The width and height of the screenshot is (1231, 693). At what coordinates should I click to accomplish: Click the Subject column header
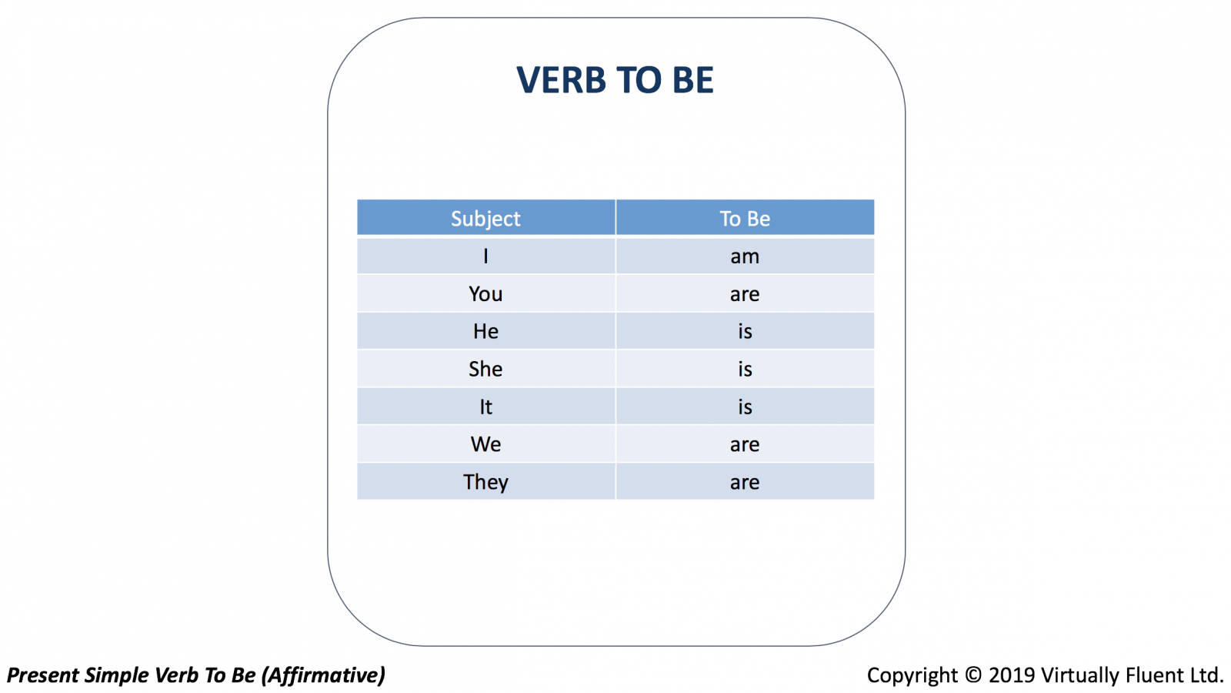485,219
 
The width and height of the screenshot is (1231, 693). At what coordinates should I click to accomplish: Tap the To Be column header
745,219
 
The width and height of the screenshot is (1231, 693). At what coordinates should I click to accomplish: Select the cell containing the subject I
485,256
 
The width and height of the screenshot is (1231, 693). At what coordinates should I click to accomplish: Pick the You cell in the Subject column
485,293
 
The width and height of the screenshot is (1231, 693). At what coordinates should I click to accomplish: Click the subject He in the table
485,331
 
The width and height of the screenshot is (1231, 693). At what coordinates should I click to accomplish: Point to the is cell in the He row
745,331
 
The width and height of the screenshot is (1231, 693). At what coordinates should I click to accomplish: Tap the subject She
485,369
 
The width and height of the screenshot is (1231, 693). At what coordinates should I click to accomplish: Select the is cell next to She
745,369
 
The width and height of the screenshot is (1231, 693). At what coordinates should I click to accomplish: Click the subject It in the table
485,407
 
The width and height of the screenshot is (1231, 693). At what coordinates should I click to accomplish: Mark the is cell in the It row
745,407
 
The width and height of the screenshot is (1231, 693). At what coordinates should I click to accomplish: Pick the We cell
485,444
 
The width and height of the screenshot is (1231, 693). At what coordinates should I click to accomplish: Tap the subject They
485,482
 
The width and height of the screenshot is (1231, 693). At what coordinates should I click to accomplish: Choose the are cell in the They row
745,483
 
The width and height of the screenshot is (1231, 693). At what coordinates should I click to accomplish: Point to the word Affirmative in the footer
323,675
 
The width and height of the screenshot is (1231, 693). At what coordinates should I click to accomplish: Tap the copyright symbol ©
973,675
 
